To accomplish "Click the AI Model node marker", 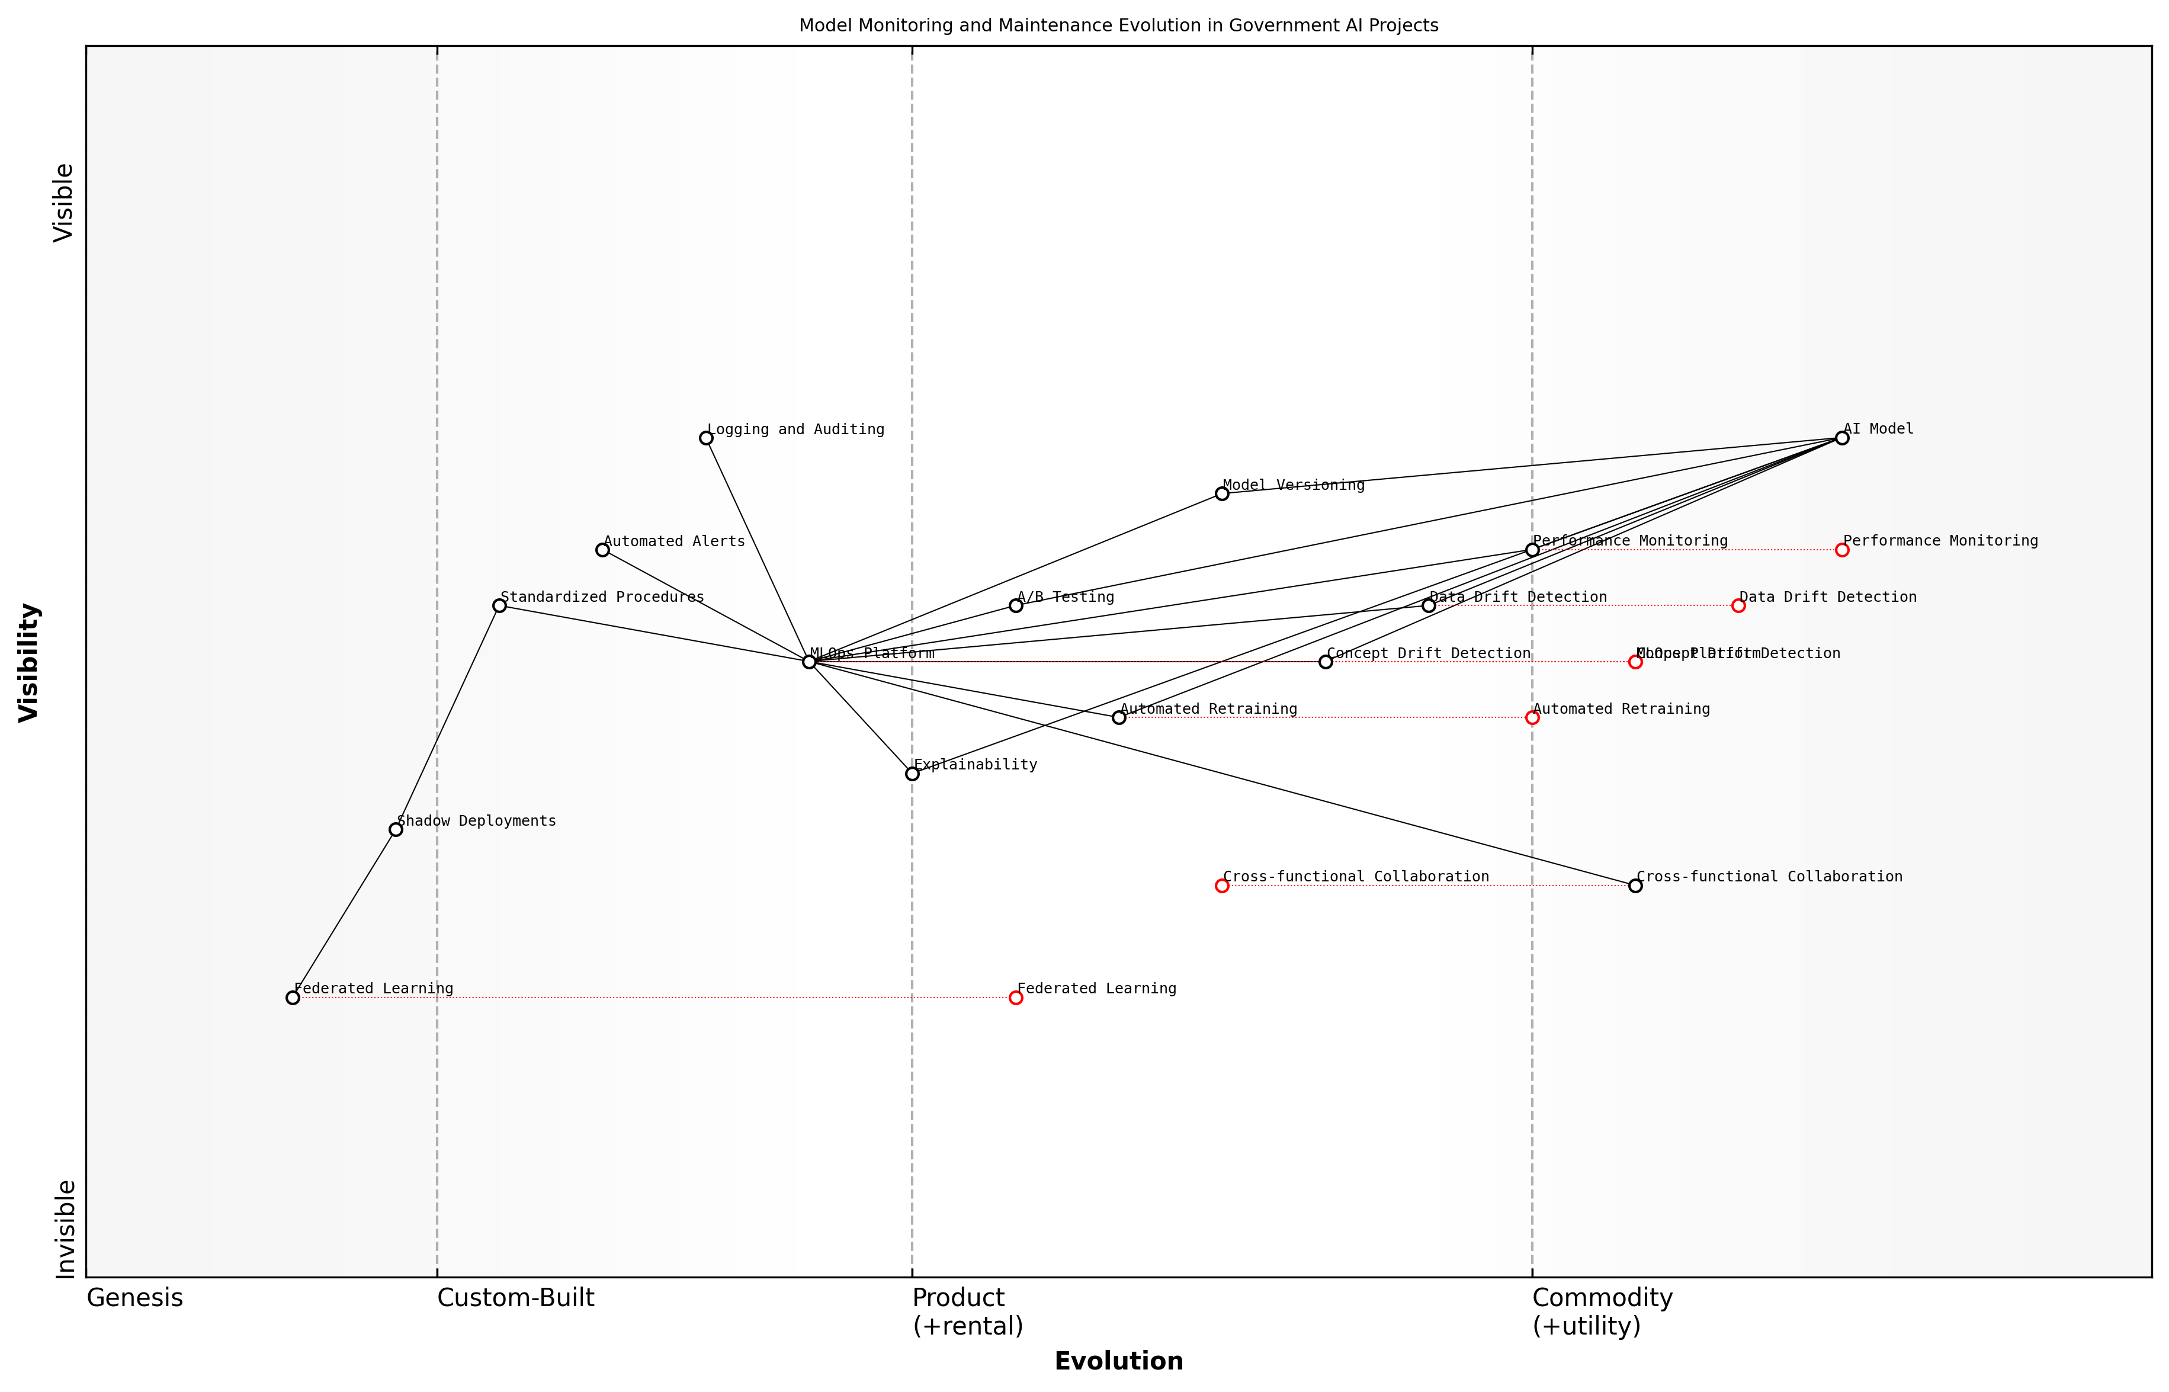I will pos(1842,438).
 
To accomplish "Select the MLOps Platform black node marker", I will pos(810,662).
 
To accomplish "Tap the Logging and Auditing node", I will pos(706,438).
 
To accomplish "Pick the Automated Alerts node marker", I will pos(603,550).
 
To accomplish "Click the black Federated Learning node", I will pos(293,998).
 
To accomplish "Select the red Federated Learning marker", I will pos(1016,998).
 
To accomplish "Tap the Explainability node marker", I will pos(913,774).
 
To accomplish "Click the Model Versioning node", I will pos(1222,493).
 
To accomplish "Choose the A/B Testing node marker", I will pos(1016,605).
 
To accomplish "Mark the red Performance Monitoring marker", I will pos(1842,550).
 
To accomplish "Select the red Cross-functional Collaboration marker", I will pos(1222,886).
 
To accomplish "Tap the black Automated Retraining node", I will pos(1119,718).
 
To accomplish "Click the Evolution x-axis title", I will pos(1119,1361).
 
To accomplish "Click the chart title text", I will pos(1119,25).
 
